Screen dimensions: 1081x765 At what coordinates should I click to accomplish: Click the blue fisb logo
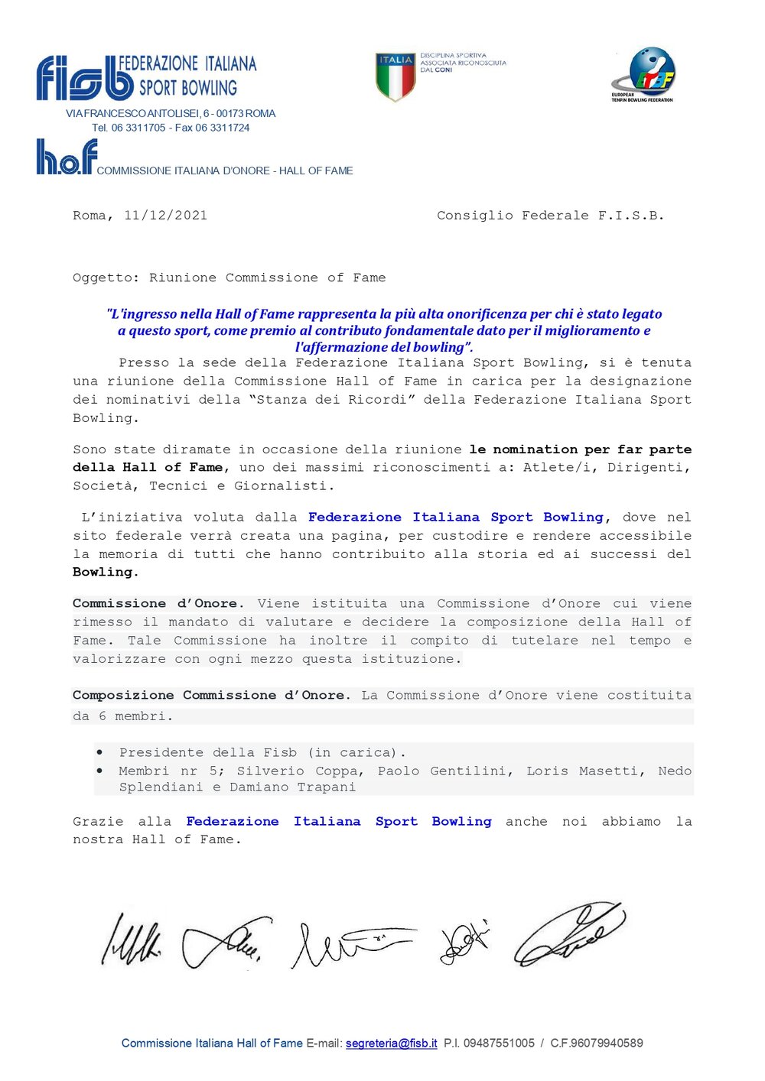(x=84, y=78)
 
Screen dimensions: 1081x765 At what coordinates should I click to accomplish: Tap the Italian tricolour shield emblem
(x=395, y=76)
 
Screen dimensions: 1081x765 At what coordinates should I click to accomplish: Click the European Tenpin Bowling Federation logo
(x=643, y=74)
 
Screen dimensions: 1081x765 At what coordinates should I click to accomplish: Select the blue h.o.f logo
(x=67, y=157)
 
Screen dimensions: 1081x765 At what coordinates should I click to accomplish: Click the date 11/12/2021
(x=165, y=216)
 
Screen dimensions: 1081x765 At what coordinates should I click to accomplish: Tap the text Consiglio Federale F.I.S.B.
(x=550, y=216)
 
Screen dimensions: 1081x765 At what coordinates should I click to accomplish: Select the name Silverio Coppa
(x=300, y=771)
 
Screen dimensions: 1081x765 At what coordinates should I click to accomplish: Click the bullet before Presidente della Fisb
(x=100, y=752)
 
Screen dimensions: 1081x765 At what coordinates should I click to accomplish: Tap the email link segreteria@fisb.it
(x=392, y=1043)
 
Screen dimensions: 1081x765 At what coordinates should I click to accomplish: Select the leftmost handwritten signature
(x=131, y=940)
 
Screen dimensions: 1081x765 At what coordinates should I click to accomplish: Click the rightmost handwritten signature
(x=569, y=933)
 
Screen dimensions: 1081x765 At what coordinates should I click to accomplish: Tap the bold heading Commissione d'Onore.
(x=158, y=603)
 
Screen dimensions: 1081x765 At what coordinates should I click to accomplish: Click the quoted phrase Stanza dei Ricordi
(x=332, y=399)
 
